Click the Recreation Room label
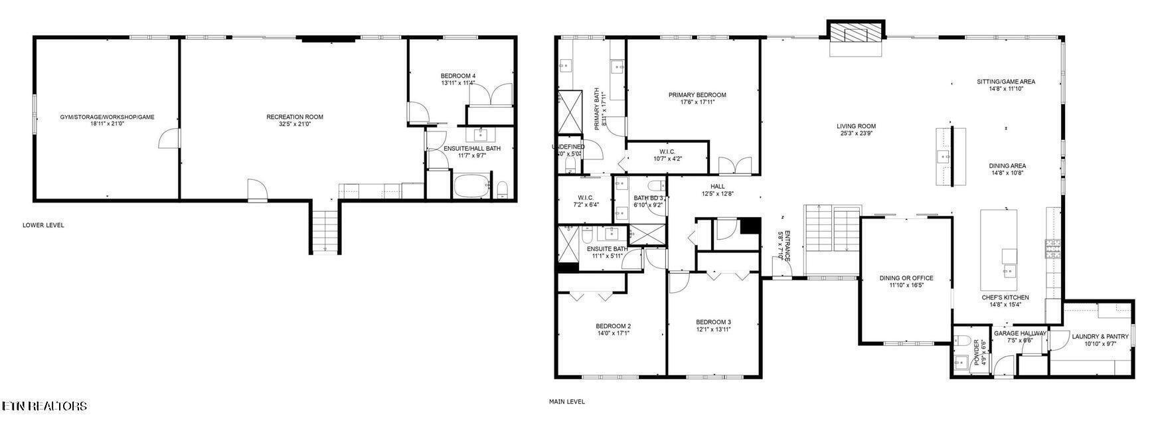point(294,117)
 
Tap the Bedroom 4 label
point(457,76)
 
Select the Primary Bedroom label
point(697,95)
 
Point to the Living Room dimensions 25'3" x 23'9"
point(856,133)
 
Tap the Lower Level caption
point(43,225)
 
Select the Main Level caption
point(566,401)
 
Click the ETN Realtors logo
point(44,406)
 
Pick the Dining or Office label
point(906,278)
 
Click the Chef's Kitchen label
point(1005,297)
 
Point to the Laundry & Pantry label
point(1100,337)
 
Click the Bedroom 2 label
point(613,326)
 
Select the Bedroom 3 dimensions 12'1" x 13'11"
point(714,329)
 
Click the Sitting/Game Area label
point(1005,82)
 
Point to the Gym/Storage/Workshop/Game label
point(107,117)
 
